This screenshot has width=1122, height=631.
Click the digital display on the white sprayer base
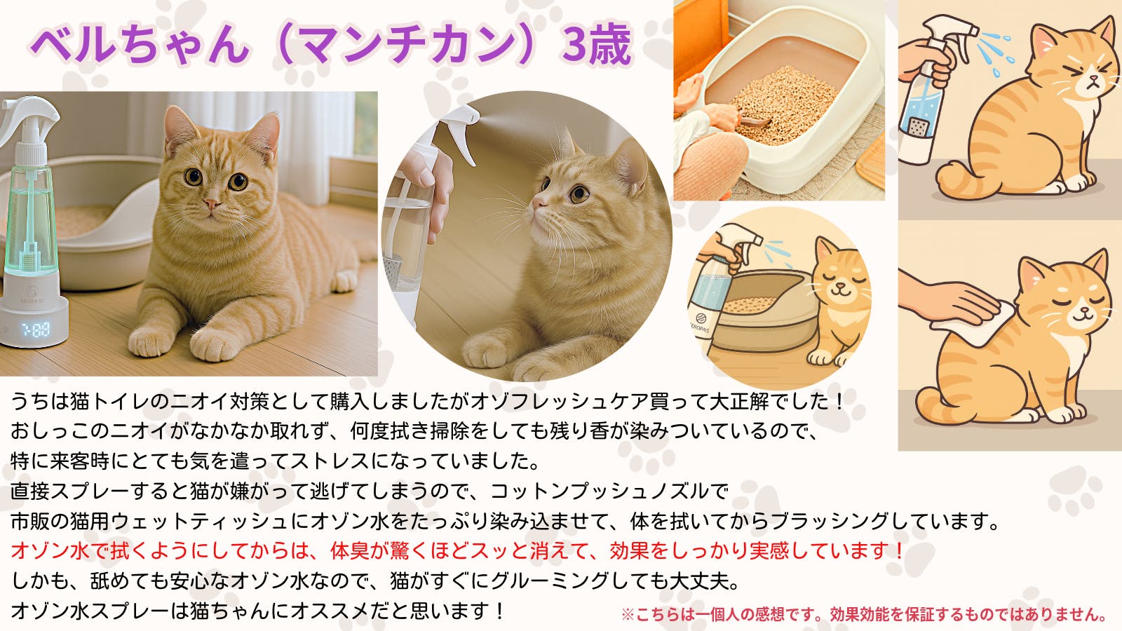point(36,329)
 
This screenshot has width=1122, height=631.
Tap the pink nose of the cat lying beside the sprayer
point(212,204)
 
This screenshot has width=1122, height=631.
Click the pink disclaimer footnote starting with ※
point(864,614)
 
